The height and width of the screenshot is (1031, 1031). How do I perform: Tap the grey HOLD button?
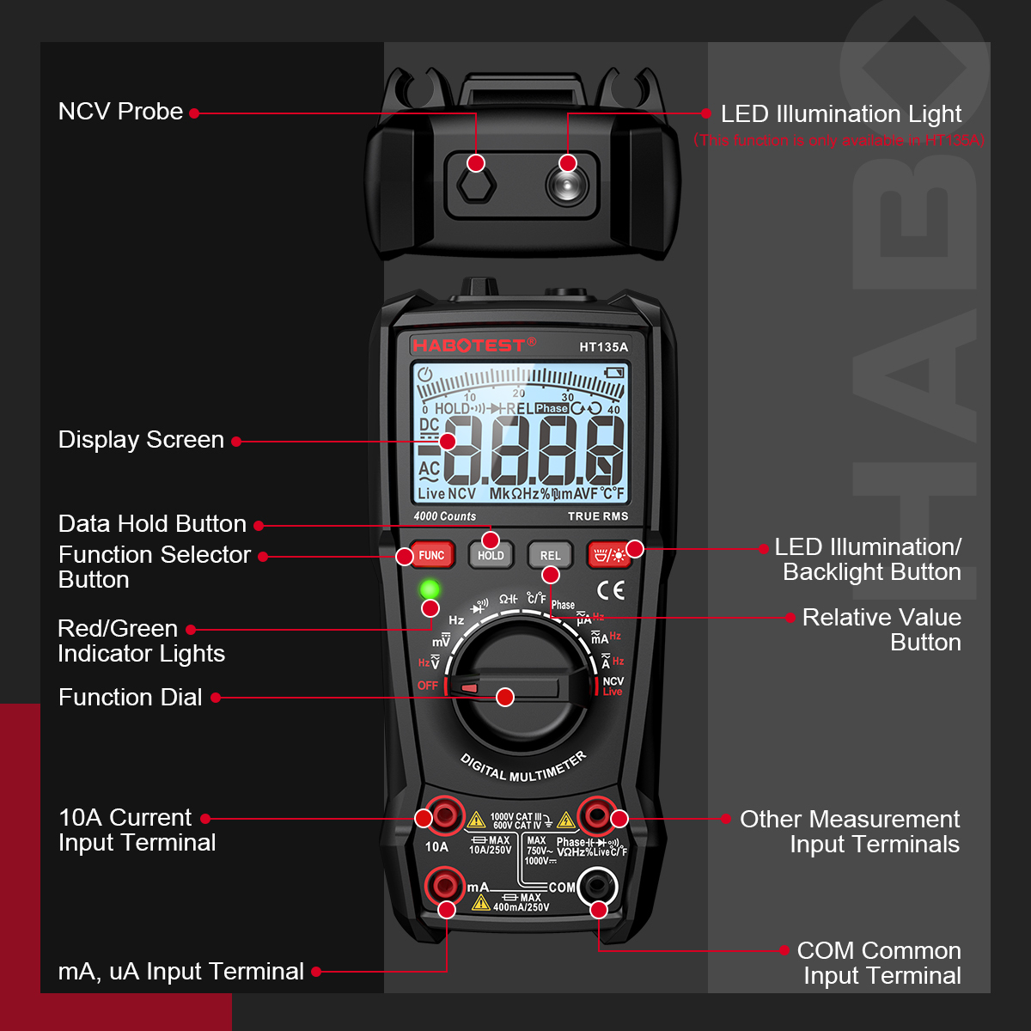coord(491,556)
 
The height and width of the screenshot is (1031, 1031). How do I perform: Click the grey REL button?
coord(550,555)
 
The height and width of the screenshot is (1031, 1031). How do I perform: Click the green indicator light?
coord(430,589)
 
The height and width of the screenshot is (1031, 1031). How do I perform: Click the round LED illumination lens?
coord(567,184)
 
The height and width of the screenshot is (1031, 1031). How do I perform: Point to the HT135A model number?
coord(603,347)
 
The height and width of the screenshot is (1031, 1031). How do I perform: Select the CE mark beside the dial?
coord(611,590)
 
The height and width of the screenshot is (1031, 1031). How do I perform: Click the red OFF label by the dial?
coord(428,686)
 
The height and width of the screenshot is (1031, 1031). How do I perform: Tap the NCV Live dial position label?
coord(613,686)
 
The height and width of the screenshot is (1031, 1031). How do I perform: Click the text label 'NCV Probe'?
coord(120,112)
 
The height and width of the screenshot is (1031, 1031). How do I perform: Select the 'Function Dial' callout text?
coord(130,697)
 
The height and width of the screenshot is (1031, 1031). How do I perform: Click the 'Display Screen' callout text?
coord(141,440)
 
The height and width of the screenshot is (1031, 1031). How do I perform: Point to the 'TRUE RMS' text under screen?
coord(598,516)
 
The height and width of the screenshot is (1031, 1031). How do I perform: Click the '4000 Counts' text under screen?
coord(444,516)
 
